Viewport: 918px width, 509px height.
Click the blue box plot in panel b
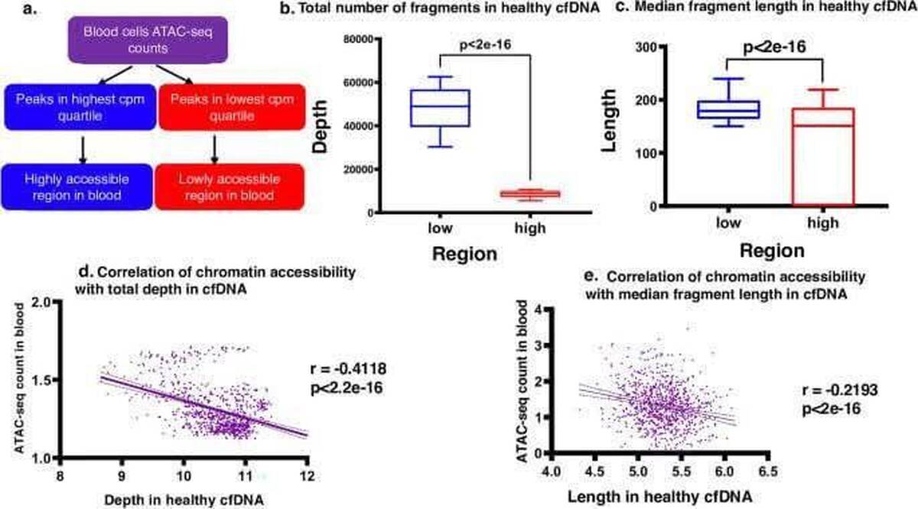(440, 108)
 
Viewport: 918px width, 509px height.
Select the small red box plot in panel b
(529, 194)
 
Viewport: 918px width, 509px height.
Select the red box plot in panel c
(821, 156)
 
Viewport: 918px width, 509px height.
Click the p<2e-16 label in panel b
(484, 44)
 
